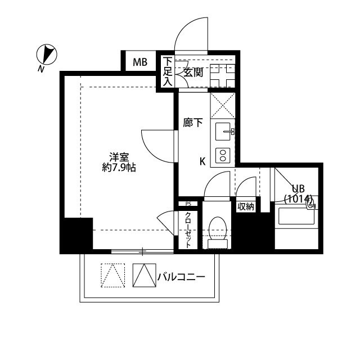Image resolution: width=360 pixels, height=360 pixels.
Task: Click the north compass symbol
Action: pyautogui.click(x=47, y=55)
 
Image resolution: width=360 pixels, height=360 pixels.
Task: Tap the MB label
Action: pyautogui.click(x=140, y=62)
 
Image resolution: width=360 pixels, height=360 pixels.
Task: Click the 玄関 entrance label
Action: pyautogui.click(x=193, y=71)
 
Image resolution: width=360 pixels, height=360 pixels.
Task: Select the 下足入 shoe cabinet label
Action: pyautogui.click(x=167, y=71)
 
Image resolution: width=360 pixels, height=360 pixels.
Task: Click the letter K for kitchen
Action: pyautogui.click(x=202, y=161)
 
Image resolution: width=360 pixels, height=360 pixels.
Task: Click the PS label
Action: pyautogui.click(x=188, y=204)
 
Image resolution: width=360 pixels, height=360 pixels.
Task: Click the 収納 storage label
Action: pyautogui.click(x=245, y=206)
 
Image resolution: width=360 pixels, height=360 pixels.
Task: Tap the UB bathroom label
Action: pyautogui.click(x=298, y=188)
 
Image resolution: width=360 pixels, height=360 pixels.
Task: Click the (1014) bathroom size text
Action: pyautogui.click(x=298, y=198)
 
